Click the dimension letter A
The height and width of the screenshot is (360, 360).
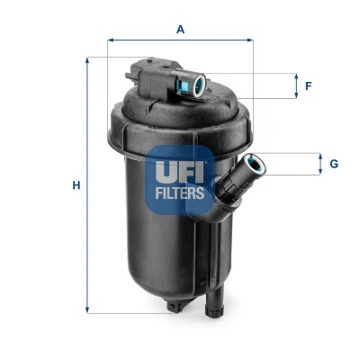pyautogui.click(x=180, y=30)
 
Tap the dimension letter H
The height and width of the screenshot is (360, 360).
pyautogui.click(x=77, y=185)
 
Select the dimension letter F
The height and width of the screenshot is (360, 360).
pyautogui.click(x=308, y=86)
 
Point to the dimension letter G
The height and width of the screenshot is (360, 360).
pyautogui.click(x=333, y=164)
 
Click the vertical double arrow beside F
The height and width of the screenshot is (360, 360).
pyautogui.click(x=294, y=86)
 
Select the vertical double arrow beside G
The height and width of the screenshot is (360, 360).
pyautogui.click(x=319, y=164)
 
